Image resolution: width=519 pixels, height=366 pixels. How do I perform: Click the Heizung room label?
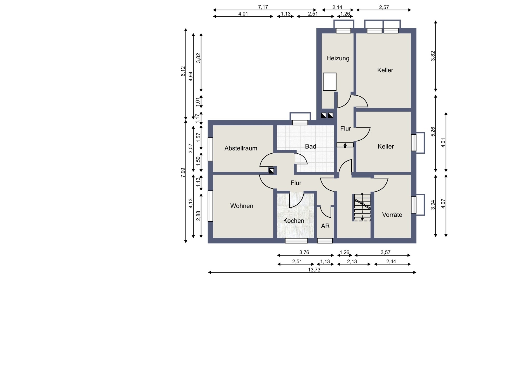click(338, 58)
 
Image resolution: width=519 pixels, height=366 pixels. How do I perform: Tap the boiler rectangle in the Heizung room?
click(330, 82)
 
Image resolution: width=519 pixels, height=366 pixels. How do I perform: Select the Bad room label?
click(311, 146)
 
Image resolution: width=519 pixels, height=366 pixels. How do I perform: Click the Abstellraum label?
click(241, 148)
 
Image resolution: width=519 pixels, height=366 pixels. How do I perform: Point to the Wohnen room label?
click(242, 206)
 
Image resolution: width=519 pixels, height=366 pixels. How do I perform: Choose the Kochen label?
click(293, 221)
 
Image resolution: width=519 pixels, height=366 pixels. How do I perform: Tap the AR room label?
click(325, 226)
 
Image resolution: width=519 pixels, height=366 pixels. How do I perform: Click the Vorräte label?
click(392, 214)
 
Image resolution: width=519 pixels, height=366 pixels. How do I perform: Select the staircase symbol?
click(362, 207)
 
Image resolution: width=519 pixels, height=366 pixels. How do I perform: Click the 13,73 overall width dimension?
click(314, 270)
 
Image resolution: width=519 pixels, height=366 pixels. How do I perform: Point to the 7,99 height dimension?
click(183, 173)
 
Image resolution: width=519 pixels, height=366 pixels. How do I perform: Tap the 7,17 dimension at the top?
click(263, 7)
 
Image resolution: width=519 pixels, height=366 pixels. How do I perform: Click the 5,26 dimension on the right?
click(433, 132)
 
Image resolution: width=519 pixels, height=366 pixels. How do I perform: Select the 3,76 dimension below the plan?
click(304, 252)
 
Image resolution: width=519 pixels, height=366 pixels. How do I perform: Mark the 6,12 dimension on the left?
click(183, 71)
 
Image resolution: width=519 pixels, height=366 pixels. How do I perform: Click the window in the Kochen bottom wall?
click(296, 241)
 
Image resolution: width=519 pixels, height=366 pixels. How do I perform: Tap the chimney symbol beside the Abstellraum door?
click(271, 171)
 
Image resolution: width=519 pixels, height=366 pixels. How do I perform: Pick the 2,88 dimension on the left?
click(198, 216)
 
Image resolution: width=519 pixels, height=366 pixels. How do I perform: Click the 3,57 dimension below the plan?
click(386, 252)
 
